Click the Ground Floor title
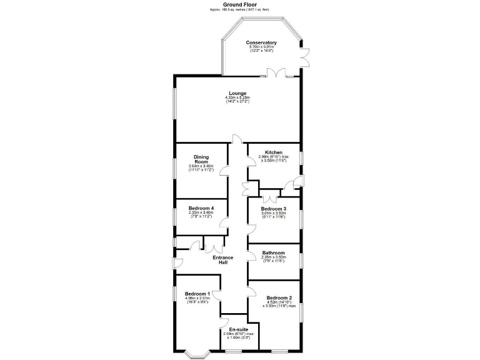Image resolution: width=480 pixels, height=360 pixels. pos(239,4)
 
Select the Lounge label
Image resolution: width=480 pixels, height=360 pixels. pos(237,93)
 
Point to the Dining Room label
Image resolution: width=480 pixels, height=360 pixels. pos(201,159)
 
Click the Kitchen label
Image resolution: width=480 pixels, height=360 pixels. pos(274,152)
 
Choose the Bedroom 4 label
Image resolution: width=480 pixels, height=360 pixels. pos(201,207)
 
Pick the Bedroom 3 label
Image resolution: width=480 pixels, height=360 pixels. pos(273,208)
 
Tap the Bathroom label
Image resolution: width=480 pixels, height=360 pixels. pos(273,253)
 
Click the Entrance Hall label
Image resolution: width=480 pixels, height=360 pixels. pos(222,260)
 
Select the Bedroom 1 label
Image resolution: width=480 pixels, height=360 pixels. pos(197,293)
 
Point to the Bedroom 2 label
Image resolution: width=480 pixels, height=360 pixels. pos(279,297)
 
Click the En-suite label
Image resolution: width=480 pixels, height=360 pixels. pos(237,329)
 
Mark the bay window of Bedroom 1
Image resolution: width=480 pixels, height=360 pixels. pos(198,354)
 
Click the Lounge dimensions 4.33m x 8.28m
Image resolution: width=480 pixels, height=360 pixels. pos(237,97)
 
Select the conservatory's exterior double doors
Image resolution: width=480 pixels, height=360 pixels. pos(305,58)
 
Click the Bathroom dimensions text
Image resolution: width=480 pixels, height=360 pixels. pos(273,259)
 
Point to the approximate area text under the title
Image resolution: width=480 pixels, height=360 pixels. pos(239,10)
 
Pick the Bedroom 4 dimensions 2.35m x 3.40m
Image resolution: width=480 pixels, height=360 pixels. pos(201,212)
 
